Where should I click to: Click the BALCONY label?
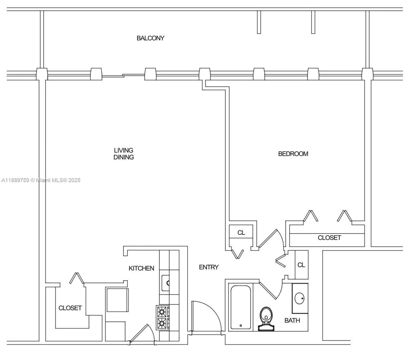[x=150, y=38]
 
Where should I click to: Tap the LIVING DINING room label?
[x=124, y=154]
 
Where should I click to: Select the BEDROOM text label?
[x=293, y=154]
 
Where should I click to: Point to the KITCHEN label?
[x=141, y=268]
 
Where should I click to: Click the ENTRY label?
[x=209, y=267]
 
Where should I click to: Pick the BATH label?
[x=292, y=320]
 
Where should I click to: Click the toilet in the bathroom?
[x=266, y=319]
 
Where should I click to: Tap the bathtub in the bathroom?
[x=240, y=307]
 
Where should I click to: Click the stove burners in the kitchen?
[x=162, y=318]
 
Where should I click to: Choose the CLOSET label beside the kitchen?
[x=70, y=308]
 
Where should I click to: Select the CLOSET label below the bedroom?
[x=329, y=238]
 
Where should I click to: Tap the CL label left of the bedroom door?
[x=241, y=232]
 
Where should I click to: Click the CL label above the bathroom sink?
[x=301, y=265]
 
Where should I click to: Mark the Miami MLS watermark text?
[x=41, y=180]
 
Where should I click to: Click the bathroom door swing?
[x=271, y=289]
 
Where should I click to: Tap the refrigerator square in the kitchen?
[x=117, y=300]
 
